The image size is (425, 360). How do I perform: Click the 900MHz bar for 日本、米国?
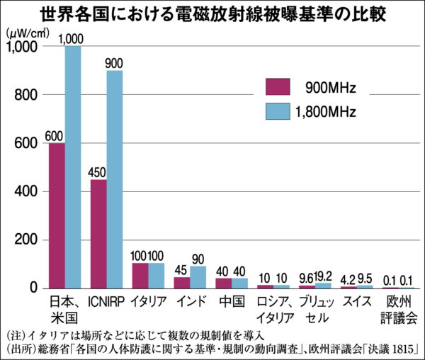[57, 215]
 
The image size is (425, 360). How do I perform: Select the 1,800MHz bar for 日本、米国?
[73, 167]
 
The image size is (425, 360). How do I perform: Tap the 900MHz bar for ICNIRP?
[98, 234]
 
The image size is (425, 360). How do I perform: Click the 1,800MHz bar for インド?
[198, 277]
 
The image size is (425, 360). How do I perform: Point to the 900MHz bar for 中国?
[223, 283]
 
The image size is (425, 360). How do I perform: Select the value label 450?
[98, 172]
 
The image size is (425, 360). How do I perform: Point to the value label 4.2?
[348, 278]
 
